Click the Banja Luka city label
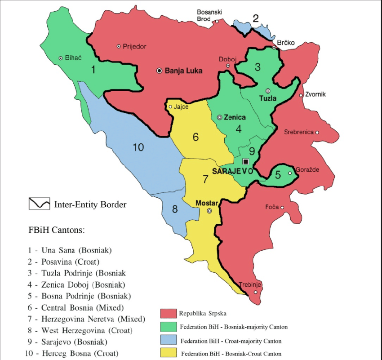[183, 71]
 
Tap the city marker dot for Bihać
[61, 58]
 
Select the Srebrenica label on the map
[298, 132]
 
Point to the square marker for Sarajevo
[245, 162]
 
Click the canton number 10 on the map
[138, 147]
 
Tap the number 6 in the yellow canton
[196, 137]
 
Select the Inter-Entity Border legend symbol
[39, 204]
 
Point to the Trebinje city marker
[256, 293]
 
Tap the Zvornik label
[315, 95]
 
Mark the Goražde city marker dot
[290, 173]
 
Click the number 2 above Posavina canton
[256, 19]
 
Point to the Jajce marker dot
[170, 107]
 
